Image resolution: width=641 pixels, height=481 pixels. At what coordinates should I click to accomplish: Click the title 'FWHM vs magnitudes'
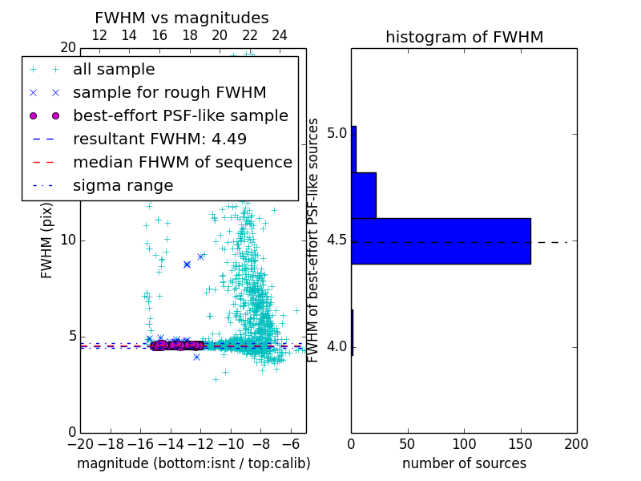point(182,18)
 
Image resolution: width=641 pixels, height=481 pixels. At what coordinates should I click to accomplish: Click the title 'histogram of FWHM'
point(464,37)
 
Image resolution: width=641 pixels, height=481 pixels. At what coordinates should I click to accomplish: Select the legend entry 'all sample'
point(114,70)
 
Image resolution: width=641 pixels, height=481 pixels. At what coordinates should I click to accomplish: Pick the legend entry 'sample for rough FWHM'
point(169,92)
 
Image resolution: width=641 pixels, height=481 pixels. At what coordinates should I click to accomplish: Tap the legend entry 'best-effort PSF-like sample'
point(180,115)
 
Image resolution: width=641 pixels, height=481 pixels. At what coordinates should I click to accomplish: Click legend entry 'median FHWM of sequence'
point(182,162)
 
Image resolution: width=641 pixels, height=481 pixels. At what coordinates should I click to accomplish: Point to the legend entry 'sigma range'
point(123,185)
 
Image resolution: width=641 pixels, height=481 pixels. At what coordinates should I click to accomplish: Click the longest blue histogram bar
point(441,240)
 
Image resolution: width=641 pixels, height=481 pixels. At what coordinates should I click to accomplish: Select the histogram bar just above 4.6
point(364,195)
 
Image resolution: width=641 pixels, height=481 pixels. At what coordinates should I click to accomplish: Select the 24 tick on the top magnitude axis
point(280,35)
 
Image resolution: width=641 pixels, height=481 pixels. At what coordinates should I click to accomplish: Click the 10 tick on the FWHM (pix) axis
point(67,240)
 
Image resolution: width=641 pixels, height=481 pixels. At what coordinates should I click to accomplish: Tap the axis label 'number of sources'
point(464,463)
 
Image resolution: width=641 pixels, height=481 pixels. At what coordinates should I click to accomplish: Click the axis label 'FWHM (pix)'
point(47,240)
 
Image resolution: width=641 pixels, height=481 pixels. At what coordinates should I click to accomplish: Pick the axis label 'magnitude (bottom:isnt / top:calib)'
point(193,463)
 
